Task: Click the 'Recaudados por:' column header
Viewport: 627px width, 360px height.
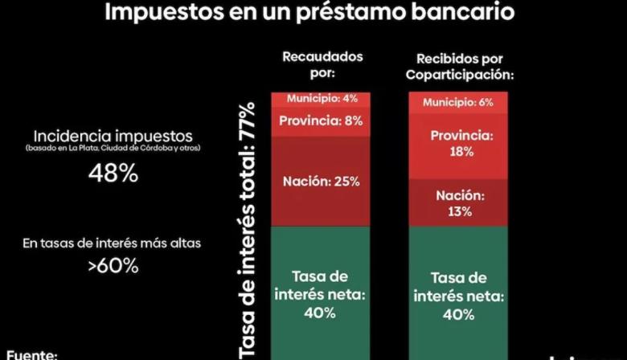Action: (x=322, y=65)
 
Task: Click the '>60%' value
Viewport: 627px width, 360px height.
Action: (x=112, y=265)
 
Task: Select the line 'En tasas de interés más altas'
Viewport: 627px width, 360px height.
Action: (x=112, y=243)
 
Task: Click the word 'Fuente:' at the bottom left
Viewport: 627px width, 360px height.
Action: (x=33, y=352)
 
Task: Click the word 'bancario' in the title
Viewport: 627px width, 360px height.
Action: (x=466, y=14)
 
